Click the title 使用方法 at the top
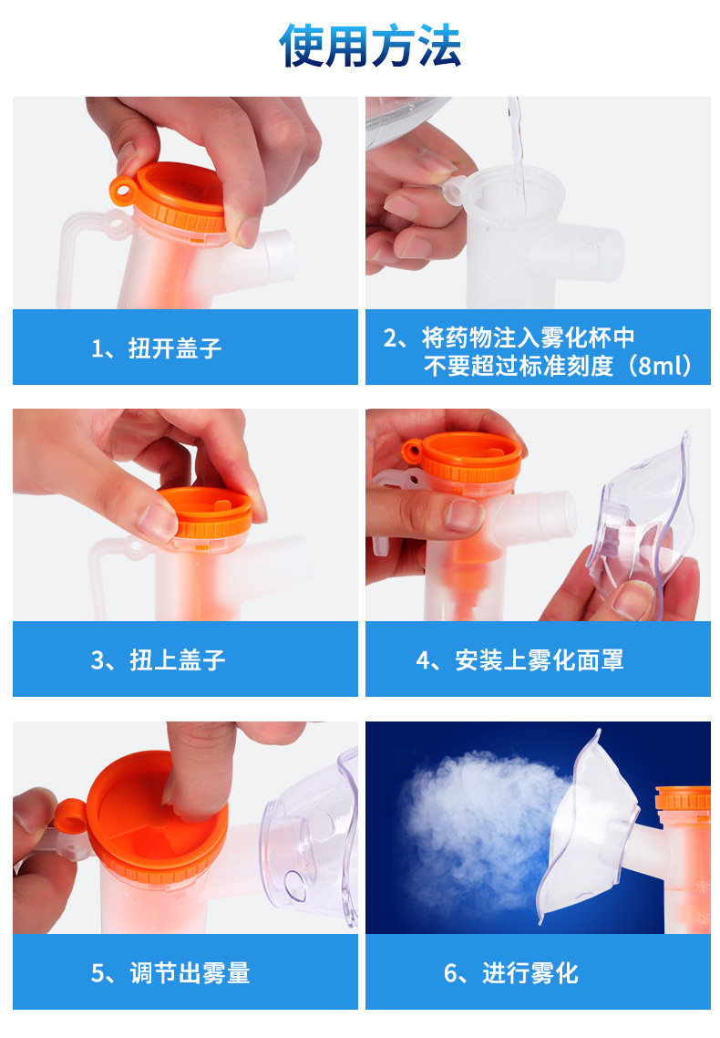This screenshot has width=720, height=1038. pyautogui.click(x=370, y=46)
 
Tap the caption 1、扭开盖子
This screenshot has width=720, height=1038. pyautogui.click(x=156, y=348)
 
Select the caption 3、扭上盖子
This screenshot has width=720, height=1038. pyautogui.click(x=158, y=660)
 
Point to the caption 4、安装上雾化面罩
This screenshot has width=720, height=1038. pyautogui.click(x=519, y=660)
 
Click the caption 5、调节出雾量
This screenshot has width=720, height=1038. pyautogui.click(x=170, y=973)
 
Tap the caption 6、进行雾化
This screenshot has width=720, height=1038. pyautogui.click(x=511, y=973)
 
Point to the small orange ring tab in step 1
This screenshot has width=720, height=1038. pyautogui.click(x=123, y=190)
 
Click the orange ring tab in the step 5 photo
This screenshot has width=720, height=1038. pyautogui.click(x=69, y=815)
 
